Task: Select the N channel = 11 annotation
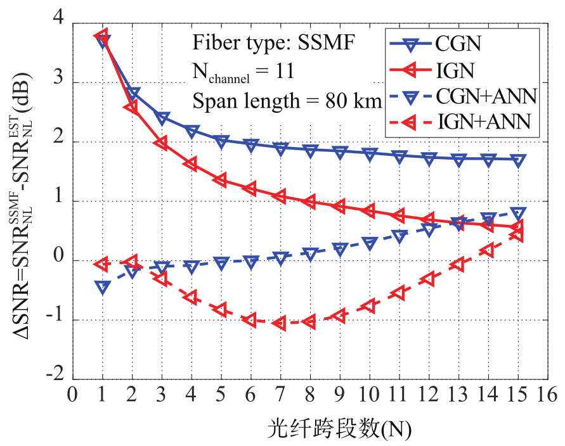pos(243,72)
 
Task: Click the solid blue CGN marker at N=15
pos(518,160)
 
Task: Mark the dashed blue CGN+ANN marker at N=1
pos(102,287)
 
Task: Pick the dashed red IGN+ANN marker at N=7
pos(280,323)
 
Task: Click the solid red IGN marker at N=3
pos(162,144)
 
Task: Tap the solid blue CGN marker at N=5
pos(221,141)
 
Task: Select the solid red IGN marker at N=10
pos(370,210)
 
